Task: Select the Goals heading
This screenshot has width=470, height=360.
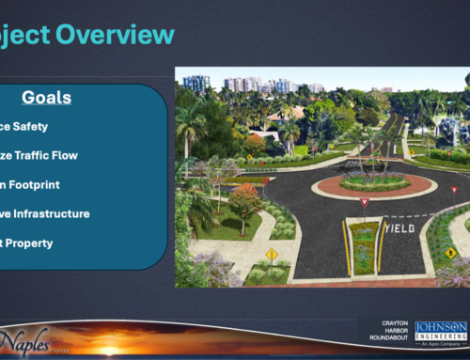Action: point(46,98)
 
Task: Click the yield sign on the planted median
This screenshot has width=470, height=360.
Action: point(365,202)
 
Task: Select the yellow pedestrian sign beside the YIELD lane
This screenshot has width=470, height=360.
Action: point(450,252)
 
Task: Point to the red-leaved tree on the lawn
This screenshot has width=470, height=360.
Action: point(243,200)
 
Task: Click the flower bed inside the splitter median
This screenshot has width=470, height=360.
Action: point(364,246)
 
